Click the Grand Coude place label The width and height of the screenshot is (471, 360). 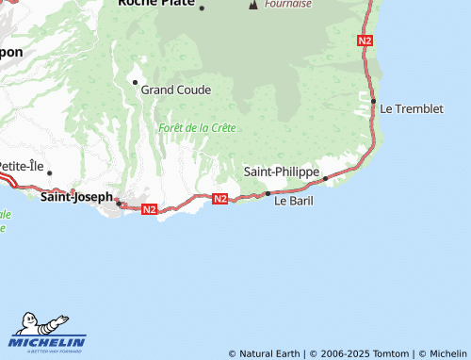coord(176,90)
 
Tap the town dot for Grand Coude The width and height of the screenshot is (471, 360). coord(135,83)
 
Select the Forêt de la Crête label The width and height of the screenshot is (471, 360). coord(196,127)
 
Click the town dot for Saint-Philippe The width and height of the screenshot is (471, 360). coord(325,178)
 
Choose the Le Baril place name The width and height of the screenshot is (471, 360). coord(292,201)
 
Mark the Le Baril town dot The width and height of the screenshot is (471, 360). coord(268,193)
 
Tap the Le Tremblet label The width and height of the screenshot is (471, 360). coord(412,108)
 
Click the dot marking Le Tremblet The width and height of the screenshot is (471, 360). coord(374,101)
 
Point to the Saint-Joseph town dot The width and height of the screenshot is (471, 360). coord(117,201)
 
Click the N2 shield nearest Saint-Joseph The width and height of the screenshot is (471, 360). coord(149,209)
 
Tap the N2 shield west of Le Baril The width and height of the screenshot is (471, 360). coord(220,198)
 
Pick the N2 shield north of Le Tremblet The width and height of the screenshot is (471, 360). coord(365,41)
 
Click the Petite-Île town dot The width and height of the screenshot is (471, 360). coord(49,172)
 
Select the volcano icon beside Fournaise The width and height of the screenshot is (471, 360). coord(252,5)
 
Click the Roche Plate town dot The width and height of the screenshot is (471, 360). coord(202,8)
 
